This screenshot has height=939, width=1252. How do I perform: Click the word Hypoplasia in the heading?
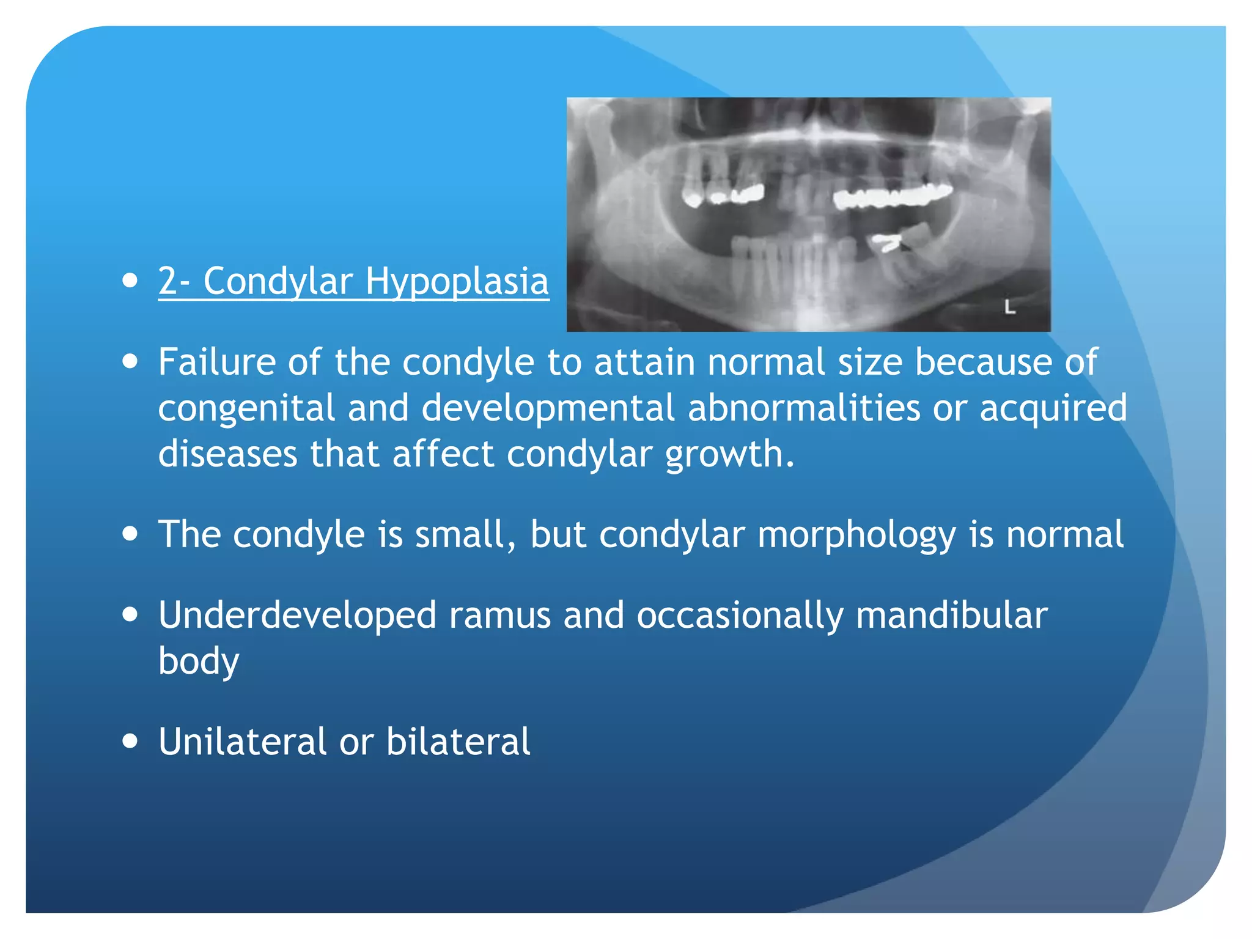(x=457, y=282)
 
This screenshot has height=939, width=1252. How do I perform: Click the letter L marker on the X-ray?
(x=1009, y=307)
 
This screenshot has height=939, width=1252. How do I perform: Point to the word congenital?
(x=246, y=408)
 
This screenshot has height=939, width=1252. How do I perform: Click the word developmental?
(x=548, y=408)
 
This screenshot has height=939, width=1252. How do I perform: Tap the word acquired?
(x=1053, y=408)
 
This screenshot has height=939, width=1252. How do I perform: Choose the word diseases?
(x=227, y=454)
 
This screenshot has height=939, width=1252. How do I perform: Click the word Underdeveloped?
(x=297, y=615)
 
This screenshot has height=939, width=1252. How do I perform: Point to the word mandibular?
(x=951, y=615)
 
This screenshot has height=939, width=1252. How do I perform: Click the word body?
(x=199, y=662)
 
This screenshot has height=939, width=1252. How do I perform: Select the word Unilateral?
(x=243, y=742)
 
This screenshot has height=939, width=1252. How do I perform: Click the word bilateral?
(x=458, y=742)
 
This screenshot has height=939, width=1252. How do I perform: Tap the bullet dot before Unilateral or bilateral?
(x=130, y=741)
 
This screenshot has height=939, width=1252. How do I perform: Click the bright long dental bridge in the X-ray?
(x=893, y=196)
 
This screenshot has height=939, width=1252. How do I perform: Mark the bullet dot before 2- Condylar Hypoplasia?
(x=130, y=281)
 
